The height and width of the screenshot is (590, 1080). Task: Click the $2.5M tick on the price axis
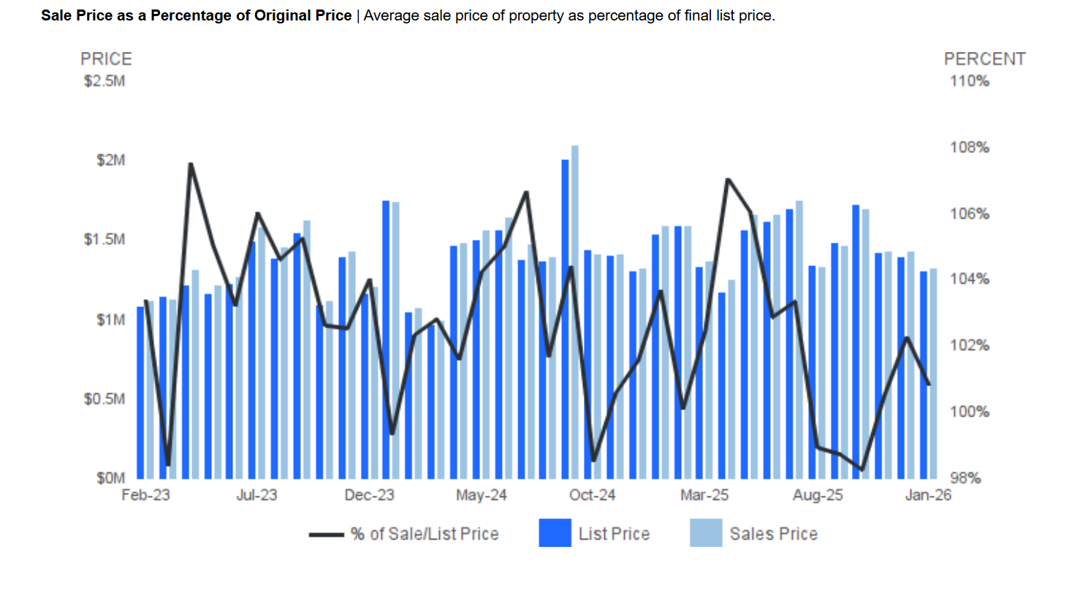pyautogui.click(x=105, y=80)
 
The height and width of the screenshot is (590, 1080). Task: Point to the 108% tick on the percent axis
pyautogui.click(x=969, y=148)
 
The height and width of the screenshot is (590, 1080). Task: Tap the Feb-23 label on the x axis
pyautogui.click(x=145, y=496)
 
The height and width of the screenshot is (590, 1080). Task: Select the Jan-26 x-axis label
pyautogui.click(x=928, y=496)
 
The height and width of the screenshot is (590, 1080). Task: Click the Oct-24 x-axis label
pyautogui.click(x=592, y=496)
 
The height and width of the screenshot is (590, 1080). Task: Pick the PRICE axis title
pyautogui.click(x=106, y=59)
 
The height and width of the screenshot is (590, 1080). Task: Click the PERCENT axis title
pyautogui.click(x=984, y=59)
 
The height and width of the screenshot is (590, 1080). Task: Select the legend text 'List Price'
pyautogui.click(x=614, y=534)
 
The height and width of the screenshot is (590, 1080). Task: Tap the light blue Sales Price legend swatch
pyautogui.click(x=705, y=533)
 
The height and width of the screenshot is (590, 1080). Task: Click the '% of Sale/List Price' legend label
pyautogui.click(x=425, y=534)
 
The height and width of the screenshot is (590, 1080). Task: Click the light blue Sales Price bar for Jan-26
pyautogui.click(x=933, y=374)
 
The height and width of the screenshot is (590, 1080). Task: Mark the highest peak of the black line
pyautogui.click(x=191, y=164)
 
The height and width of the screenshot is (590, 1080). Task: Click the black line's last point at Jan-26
pyautogui.click(x=929, y=385)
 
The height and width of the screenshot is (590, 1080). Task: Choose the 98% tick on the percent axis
pyautogui.click(x=969, y=478)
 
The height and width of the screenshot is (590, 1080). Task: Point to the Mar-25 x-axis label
pyautogui.click(x=704, y=496)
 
